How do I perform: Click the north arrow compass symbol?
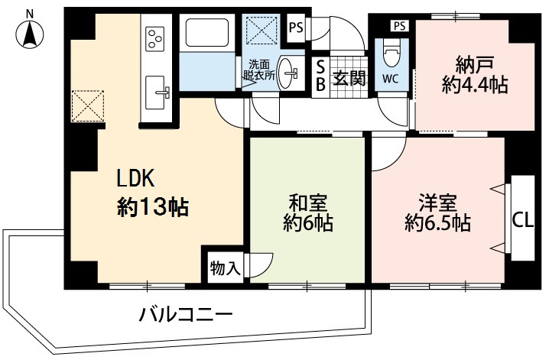(29, 31)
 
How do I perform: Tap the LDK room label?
(135, 178)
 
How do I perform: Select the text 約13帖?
(153, 206)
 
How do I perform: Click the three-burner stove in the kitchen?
(155, 37)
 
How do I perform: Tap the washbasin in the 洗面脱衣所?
(291, 73)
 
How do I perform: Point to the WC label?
(389, 79)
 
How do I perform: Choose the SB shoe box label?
(321, 76)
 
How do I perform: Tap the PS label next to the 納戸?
(399, 26)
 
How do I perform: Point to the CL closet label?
(522, 222)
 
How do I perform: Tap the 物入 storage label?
(226, 268)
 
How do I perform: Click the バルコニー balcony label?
(186, 314)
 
